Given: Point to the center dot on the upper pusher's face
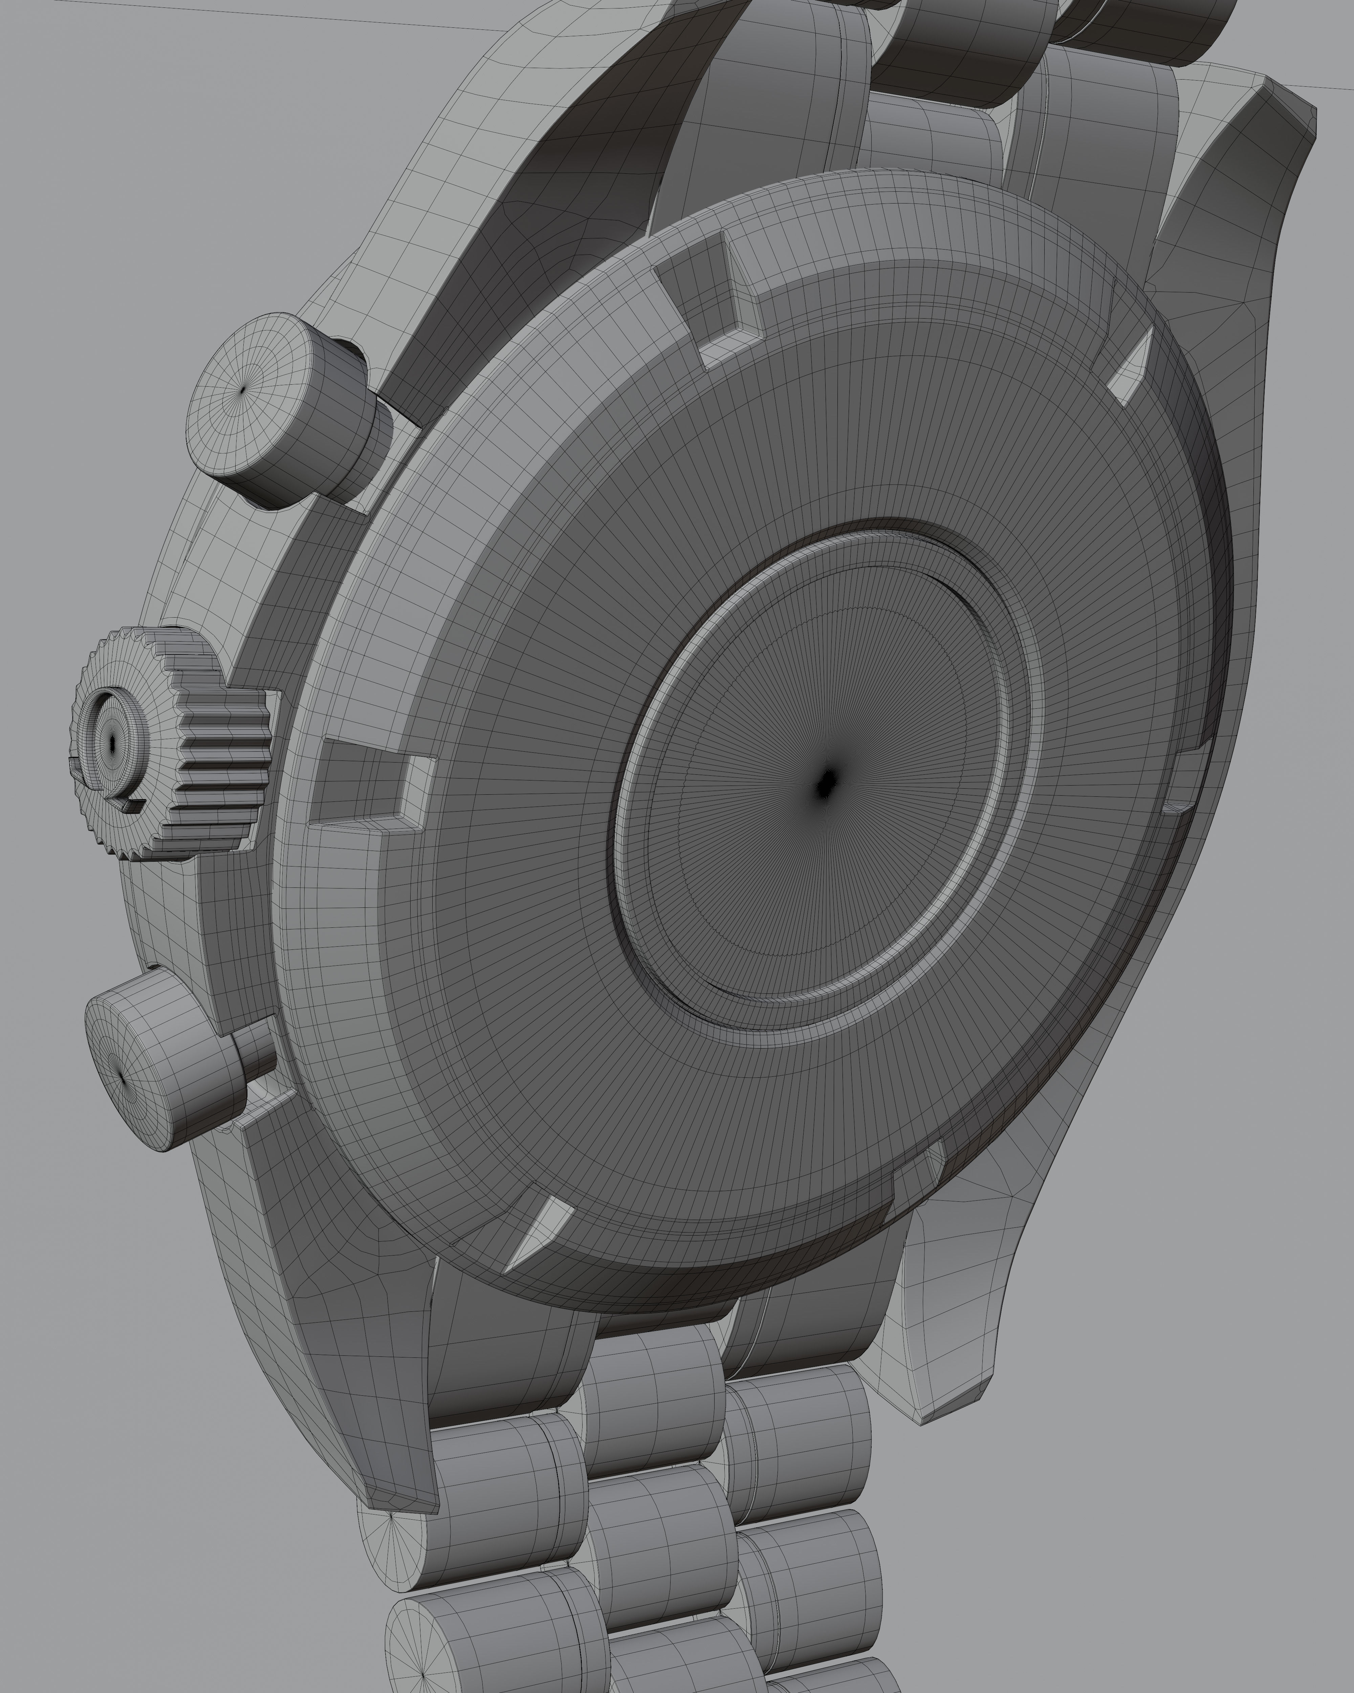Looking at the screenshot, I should (x=243, y=389).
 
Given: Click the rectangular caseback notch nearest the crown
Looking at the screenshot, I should (x=369, y=781).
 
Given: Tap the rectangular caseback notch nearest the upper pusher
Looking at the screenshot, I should (x=706, y=298).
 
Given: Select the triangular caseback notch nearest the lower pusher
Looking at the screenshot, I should (x=542, y=1233).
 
